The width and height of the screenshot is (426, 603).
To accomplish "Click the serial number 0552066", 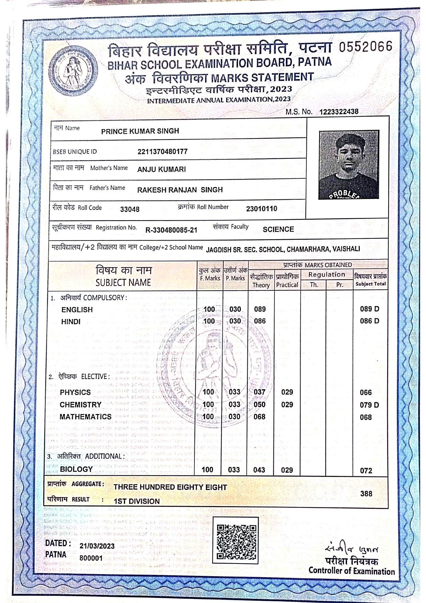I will click(x=365, y=47).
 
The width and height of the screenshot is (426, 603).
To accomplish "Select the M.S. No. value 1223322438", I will click(x=339, y=112).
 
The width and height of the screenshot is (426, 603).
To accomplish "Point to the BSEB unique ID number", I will click(x=162, y=152).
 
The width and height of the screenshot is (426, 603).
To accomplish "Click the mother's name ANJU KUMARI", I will click(x=161, y=169).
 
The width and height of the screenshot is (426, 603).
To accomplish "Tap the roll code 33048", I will click(x=130, y=209).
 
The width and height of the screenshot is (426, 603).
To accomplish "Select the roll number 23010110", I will click(x=261, y=209).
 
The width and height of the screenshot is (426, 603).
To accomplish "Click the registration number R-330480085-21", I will click(x=171, y=230).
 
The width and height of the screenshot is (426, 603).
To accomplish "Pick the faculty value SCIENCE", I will click(x=278, y=229).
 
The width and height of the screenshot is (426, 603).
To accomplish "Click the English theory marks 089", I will click(x=260, y=309).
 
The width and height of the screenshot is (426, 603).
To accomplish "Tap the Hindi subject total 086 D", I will click(x=370, y=321).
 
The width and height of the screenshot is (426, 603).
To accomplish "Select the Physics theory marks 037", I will click(x=259, y=392).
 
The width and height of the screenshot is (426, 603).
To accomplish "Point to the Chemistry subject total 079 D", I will click(x=369, y=405).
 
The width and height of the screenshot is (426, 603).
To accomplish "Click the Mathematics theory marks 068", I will click(x=259, y=417).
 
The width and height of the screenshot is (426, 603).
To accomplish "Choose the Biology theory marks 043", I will click(x=259, y=470).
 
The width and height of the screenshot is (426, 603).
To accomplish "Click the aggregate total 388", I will click(x=366, y=494).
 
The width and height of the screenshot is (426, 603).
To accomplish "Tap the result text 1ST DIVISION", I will click(x=137, y=501).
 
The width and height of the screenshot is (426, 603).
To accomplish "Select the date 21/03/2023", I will click(x=97, y=546).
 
